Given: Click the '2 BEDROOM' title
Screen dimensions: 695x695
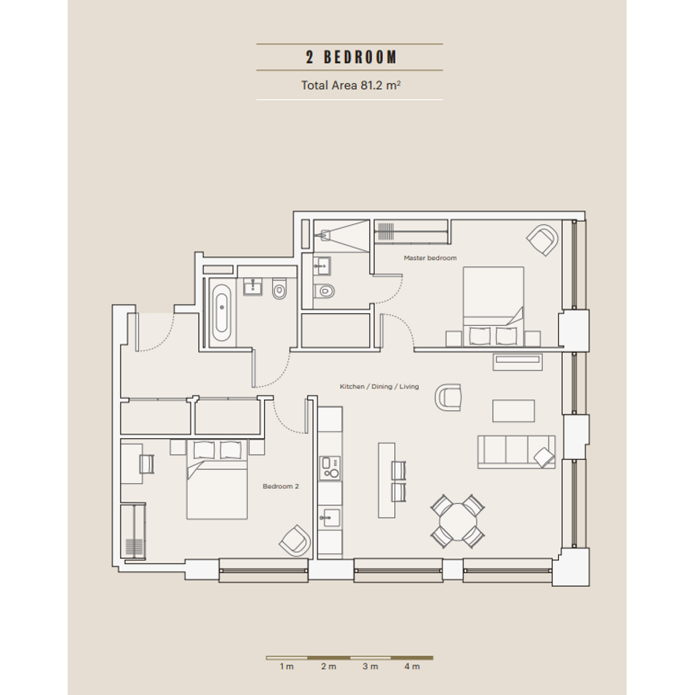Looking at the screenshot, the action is click(x=351, y=57).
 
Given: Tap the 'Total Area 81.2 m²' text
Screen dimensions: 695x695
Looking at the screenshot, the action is click(x=351, y=85).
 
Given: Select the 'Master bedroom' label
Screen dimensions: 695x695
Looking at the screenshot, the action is click(x=430, y=258).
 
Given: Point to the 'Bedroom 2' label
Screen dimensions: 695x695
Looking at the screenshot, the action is click(x=280, y=486).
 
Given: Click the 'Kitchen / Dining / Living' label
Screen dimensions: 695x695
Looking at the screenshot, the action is click(x=379, y=387).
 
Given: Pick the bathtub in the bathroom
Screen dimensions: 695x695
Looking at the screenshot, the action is click(x=221, y=313).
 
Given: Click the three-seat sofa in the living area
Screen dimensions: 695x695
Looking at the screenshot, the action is click(x=516, y=452).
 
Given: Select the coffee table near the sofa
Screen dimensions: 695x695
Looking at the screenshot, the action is click(x=513, y=411).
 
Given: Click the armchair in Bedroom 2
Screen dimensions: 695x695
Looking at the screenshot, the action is click(x=295, y=541).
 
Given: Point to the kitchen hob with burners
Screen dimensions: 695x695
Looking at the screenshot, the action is click(x=330, y=468).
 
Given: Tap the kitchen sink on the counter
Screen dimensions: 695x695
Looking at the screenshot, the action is click(x=329, y=517).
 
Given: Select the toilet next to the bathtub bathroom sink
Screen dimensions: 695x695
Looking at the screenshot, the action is click(x=279, y=290).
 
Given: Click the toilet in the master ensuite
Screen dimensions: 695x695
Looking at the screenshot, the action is click(x=324, y=291).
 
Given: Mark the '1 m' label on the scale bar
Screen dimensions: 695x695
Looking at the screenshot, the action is click(x=287, y=666).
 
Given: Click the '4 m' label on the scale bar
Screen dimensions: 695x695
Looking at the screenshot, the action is click(x=412, y=666).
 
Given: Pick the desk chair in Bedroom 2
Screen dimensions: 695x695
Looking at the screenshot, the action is click(x=146, y=464).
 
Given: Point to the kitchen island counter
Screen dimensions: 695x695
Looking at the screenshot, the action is click(x=387, y=480).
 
